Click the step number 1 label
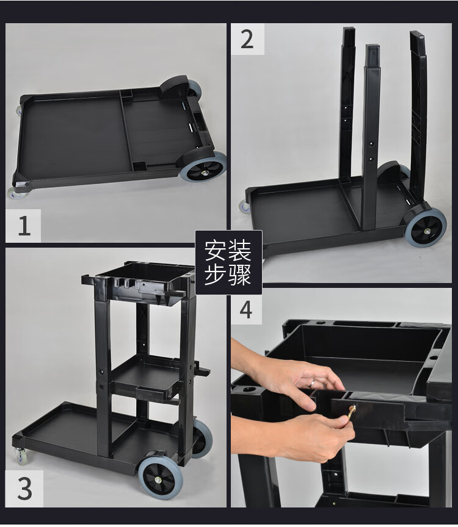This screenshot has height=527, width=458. [24, 226]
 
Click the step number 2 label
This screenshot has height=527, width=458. [247, 39]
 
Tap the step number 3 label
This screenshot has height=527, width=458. [24, 489]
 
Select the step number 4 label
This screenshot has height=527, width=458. [246, 309]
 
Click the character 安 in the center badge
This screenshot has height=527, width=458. [216, 250]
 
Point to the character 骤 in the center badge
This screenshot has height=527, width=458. [240, 274]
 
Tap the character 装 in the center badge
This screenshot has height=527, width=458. [240, 250]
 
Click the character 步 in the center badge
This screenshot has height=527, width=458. [216, 274]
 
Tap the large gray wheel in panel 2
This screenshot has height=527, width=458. [426, 227]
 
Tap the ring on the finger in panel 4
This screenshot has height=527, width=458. [313, 382]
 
